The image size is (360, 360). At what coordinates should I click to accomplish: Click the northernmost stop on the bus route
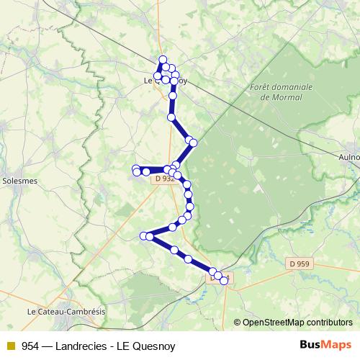click(x=163, y=60)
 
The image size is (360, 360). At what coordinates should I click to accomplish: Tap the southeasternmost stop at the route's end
click(x=224, y=281)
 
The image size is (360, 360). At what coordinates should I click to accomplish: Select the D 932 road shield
click(x=165, y=179)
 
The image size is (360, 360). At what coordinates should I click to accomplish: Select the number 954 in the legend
click(x=30, y=346)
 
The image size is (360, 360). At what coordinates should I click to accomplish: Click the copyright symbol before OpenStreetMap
click(x=237, y=323)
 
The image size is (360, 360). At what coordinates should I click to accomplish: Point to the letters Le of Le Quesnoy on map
click(x=149, y=81)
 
